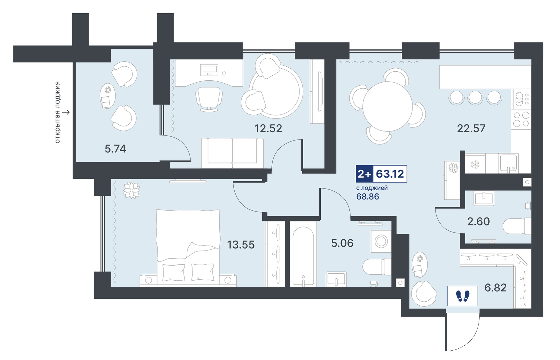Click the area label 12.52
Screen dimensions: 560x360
coord(268,128)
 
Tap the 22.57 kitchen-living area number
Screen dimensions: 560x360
coord(471,128)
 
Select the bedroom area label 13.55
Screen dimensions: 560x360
coord(241,245)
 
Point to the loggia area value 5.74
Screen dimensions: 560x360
coord(115,149)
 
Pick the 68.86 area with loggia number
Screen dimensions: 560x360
coord(367,197)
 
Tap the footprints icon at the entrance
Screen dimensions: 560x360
coord(463,296)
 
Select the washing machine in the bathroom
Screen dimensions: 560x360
coord(381,241)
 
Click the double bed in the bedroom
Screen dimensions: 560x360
coord(188,248)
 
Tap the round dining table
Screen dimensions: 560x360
coord(387,106)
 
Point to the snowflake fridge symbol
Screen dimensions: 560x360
coord(475,164)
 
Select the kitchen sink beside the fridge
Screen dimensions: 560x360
coord(508,163)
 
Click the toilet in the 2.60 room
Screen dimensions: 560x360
coord(517,226)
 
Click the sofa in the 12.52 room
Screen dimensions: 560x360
coord(232,153)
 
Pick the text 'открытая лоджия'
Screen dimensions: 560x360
coord(57,112)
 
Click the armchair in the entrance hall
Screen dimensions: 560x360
coord(424,294)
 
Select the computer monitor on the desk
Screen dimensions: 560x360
coord(209,70)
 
